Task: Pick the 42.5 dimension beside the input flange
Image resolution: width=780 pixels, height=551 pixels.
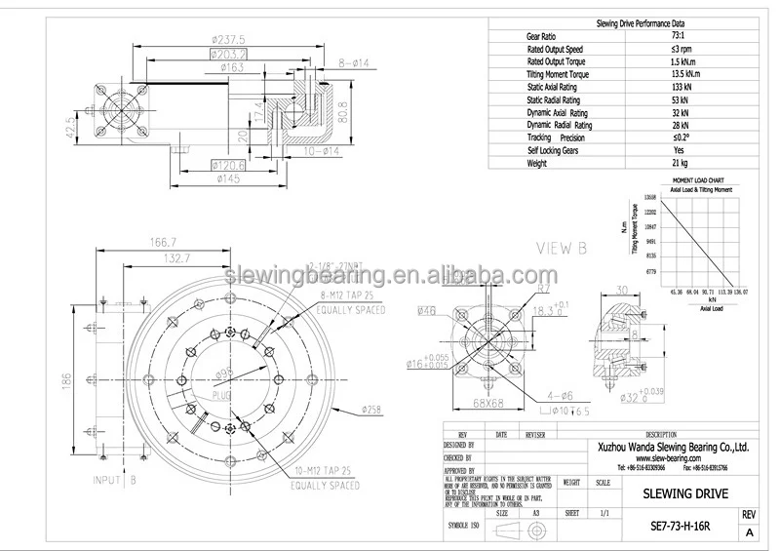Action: point(69,128)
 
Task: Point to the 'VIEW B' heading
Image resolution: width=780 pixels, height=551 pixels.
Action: point(557,250)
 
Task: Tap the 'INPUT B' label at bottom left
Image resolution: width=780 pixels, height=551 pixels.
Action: point(114,481)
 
